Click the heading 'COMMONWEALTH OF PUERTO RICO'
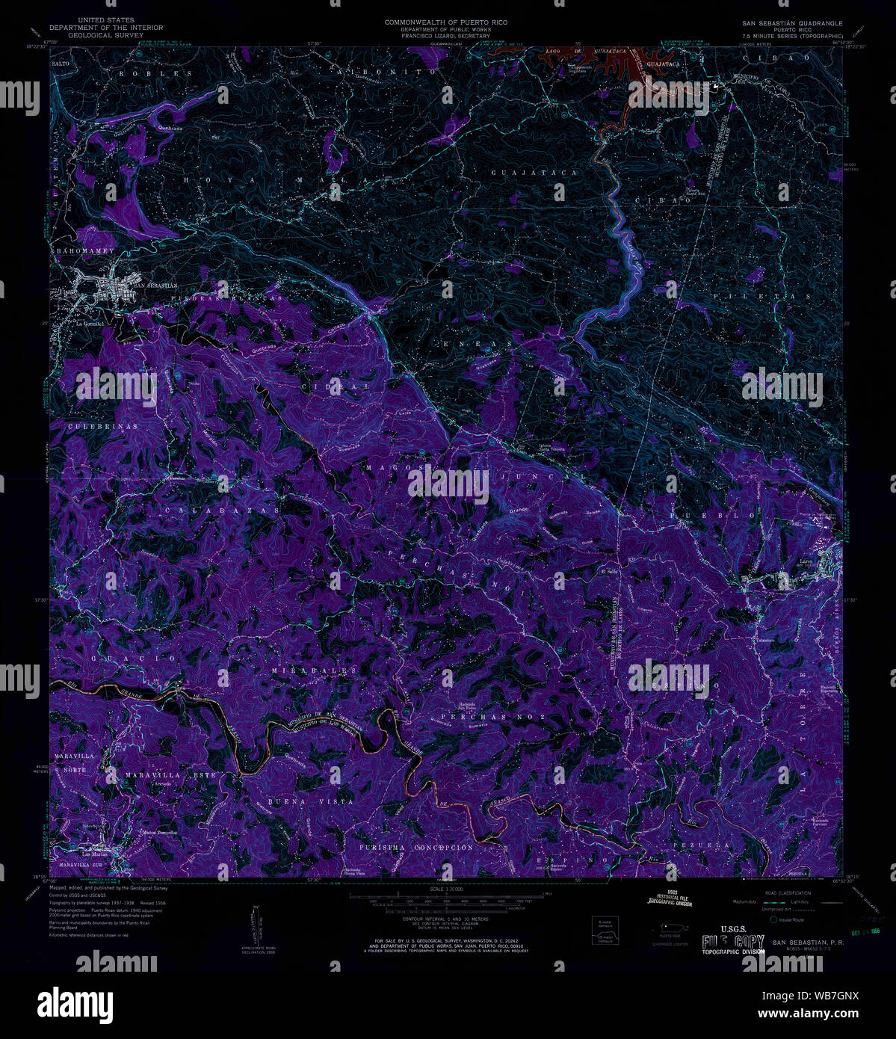(445, 22)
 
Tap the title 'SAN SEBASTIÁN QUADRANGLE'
(792, 23)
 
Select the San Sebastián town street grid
(112, 288)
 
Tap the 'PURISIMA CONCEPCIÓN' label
(415, 848)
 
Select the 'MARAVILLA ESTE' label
(170, 776)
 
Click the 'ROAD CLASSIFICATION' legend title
(782, 893)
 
